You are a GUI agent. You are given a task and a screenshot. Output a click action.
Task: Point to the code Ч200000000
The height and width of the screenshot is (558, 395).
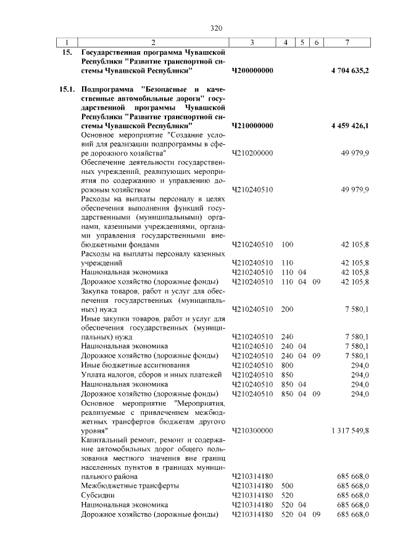[252, 71]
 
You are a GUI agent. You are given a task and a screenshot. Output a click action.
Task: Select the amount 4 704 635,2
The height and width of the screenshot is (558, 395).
[350, 71]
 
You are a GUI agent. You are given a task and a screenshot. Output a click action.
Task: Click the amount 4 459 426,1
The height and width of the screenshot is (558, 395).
[350, 126]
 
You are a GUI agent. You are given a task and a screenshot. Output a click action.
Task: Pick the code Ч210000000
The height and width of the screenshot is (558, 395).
[252, 126]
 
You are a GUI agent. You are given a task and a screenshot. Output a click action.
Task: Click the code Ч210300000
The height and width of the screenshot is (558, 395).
[252, 430]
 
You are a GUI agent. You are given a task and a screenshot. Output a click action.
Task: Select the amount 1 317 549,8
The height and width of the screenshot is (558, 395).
[350, 430]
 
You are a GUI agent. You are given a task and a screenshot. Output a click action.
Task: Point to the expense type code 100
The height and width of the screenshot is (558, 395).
[287, 245]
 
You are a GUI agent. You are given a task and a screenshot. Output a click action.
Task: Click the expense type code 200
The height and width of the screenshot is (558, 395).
[287, 309]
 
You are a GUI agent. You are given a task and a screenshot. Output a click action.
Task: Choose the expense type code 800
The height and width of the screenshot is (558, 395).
[287, 365]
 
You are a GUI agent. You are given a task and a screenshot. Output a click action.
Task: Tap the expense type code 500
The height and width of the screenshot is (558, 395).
[287, 486]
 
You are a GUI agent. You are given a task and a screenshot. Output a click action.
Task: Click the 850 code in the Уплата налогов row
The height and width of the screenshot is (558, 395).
[287, 374]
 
